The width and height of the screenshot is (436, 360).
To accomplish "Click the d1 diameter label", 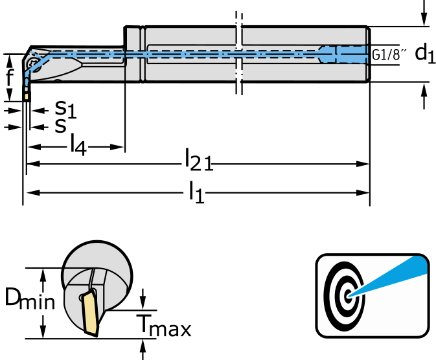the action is point(425,54).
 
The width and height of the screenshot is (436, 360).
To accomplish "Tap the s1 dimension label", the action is point(65,109).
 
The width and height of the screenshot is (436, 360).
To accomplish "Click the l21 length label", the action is point(198,159).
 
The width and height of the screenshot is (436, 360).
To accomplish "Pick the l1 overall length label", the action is point(196,192).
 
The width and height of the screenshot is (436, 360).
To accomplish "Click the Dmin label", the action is point(30,298).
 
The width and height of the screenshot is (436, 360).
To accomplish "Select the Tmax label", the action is point(163,325).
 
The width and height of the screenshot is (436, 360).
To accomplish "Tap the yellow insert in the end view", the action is point(91,313).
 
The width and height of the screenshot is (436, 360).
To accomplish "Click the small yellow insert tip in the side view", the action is point(27,96).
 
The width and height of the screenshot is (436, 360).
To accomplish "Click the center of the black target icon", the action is point(348,296).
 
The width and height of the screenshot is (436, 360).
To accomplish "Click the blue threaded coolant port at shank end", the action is point(344,54).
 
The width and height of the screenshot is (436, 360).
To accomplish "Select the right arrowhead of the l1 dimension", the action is point(363,192).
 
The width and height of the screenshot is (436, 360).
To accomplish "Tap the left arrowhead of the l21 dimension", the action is point(34,164).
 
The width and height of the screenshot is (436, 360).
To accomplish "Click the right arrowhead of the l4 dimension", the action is point(117,147).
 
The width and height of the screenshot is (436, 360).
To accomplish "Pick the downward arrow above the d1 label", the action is point(424,13).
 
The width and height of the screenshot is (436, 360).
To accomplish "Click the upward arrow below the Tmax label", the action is point(143,350).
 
